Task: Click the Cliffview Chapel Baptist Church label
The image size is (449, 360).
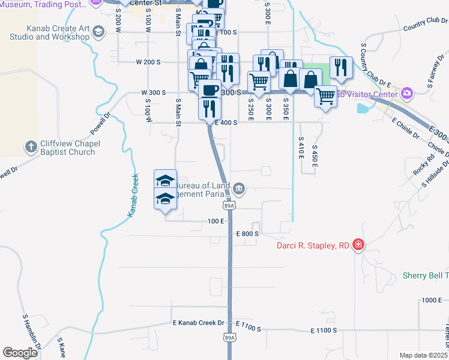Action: (64, 148)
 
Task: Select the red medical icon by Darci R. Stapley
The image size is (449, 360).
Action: (358, 244)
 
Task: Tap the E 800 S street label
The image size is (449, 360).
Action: (247, 233)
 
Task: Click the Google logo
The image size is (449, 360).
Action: (20, 353)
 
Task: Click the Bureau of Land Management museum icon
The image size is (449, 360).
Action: (239, 190)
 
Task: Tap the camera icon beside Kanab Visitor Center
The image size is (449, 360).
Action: (408, 93)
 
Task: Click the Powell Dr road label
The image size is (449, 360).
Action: (101, 124)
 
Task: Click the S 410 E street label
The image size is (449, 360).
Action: (300, 146)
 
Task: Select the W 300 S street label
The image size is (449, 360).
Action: (153, 93)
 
